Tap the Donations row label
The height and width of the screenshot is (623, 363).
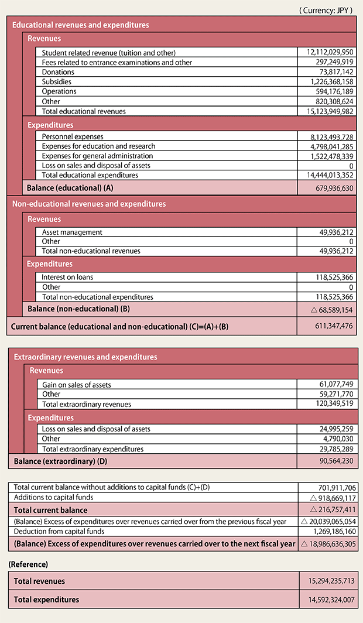pos(58,72)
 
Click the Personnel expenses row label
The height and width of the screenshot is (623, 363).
pos(72,136)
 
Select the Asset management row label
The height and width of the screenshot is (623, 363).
pos(72,232)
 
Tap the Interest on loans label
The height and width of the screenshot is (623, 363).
pos(67,277)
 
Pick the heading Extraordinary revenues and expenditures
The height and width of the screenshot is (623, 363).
pos(85,357)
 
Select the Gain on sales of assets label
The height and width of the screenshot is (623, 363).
pos(77,385)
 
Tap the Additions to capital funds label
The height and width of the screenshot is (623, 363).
pos(53,497)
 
